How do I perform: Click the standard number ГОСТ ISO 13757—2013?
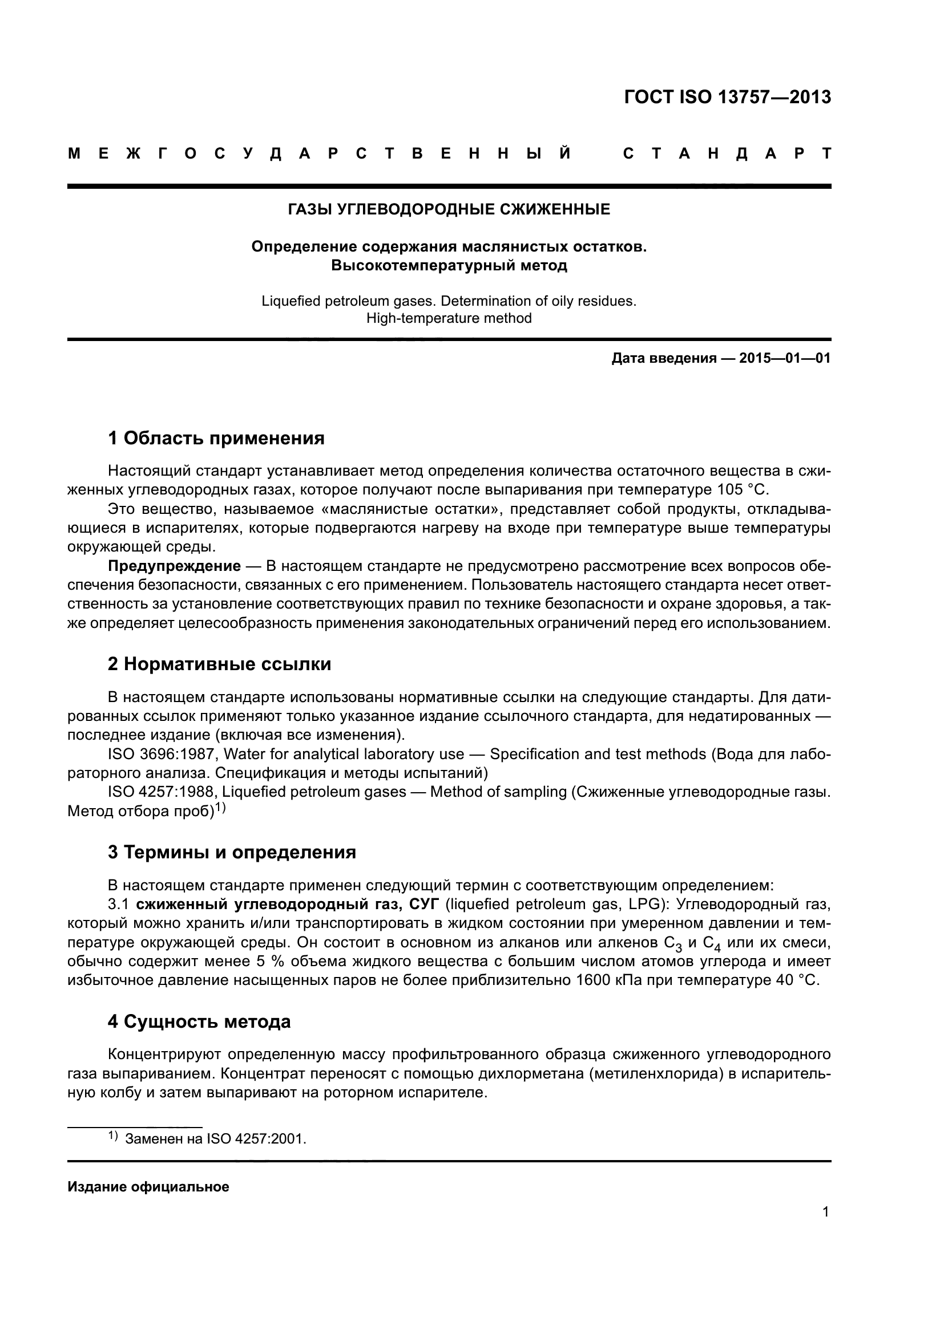point(727,97)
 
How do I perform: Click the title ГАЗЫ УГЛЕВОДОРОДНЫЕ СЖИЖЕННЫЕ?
point(449,209)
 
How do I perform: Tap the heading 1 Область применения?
point(216,438)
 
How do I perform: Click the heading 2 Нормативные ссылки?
point(219,663)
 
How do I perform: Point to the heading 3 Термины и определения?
point(231,852)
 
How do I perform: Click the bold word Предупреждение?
point(175,566)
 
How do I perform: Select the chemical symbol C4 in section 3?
point(712,943)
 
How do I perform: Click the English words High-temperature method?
point(449,318)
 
